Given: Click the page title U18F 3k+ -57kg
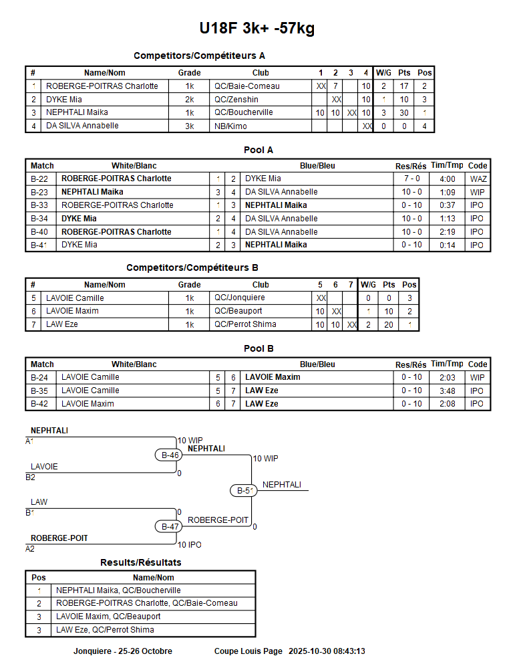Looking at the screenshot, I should tap(257, 28).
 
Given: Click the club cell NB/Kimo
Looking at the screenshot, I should tap(230, 126).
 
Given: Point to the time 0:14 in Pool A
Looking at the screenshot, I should tap(447, 245).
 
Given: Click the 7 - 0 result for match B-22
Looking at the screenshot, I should tap(411, 179).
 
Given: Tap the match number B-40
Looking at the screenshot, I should tap(39, 232).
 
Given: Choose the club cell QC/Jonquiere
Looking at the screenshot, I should tap(239, 298).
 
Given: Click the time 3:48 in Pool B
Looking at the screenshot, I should tap(447, 391).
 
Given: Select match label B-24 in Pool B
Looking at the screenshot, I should tap(39, 377).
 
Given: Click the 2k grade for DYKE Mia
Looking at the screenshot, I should tap(190, 100).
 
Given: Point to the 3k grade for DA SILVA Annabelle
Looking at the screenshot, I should tap(190, 126).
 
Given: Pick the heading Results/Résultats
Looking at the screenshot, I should tap(140, 562).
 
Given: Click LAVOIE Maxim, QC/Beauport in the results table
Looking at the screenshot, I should tap(108, 617).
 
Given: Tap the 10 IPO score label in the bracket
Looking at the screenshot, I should tap(189, 545).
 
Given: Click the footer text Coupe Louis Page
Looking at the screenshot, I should tap(248, 651).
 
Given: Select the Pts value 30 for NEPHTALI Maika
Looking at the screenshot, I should tap(404, 113).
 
